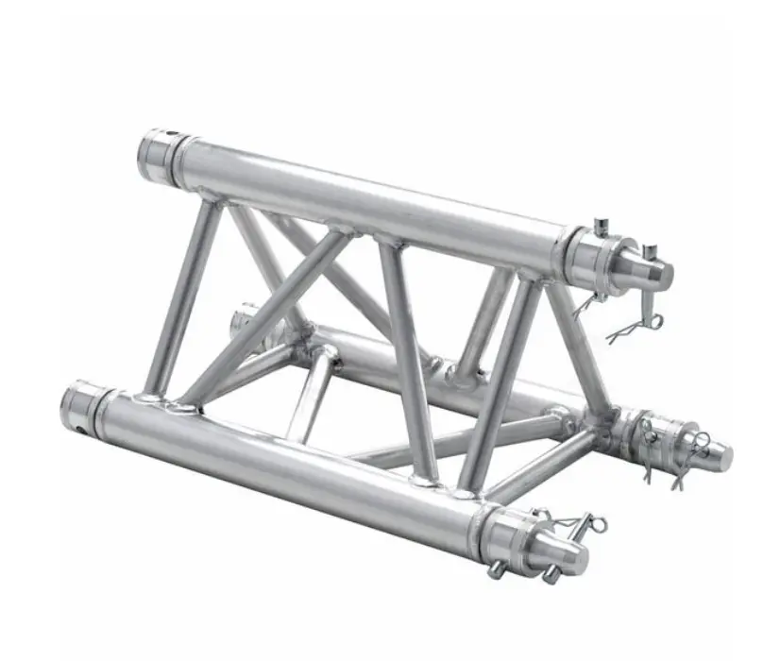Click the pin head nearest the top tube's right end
[x=601, y=227]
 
